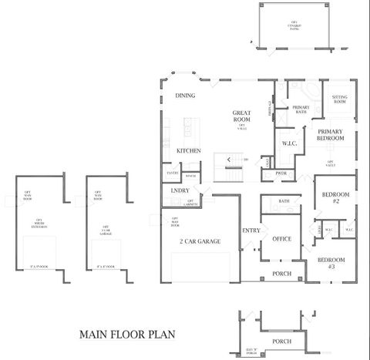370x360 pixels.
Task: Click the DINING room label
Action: pyautogui.click(x=185, y=96)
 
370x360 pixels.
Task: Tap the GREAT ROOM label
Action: pyautogui.click(x=241, y=116)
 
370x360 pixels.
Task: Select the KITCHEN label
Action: pyautogui.click(x=189, y=150)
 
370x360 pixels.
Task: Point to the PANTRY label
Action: pyautogui.click(x=172, y=173)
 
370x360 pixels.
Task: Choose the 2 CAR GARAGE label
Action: pyautogui.click(x=200, y=242)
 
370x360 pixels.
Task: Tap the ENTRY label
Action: pyautogui.click(x=251, y=230)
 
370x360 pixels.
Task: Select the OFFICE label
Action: pyautogui.click(x=281, y=239)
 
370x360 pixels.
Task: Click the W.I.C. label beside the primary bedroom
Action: pyautogui.click(x=290, y=143)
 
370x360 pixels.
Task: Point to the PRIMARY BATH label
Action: pyautogui.click(x=300, y=109)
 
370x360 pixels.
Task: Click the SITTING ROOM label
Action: pyautogui.click(x=339, y=99)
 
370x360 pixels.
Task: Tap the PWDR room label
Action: pyautogui.click(x=281, y=173)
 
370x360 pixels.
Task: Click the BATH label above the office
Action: pyautogui.click(x=284, y=201)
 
